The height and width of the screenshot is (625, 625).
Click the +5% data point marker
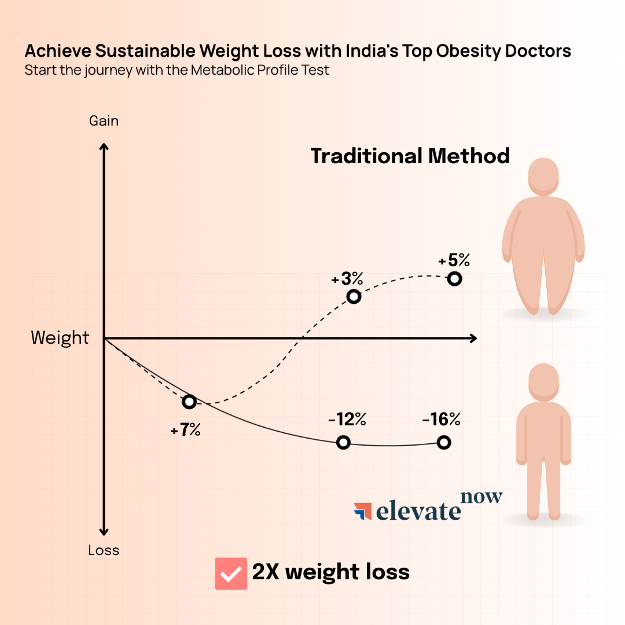(x=455, y=279)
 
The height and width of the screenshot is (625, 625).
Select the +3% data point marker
(x=354, y=297)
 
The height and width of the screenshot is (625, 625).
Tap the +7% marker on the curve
(x=189, y=402)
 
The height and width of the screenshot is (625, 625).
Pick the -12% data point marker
(x=343, y=443)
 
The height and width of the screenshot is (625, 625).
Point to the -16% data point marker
(x=444, y=443)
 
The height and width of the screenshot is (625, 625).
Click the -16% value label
(x=442, y=420)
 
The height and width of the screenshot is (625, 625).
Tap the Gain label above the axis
(x=104, y=121)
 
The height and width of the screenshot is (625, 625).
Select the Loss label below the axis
(x=104, y=550)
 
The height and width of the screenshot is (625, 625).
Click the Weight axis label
(x=60, y=338)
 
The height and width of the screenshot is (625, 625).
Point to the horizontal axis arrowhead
(x=473, y=338)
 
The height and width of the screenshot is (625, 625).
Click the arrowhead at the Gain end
(x=104, y=147)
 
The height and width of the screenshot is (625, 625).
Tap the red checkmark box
(x=231, y=573)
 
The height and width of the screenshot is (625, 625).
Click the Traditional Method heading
(x=410, y=156)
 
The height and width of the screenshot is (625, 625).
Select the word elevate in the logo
(x=418, y=511)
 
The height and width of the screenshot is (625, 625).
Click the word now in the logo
(x=481, y=497)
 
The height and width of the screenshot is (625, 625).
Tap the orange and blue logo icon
(x=363, y=511)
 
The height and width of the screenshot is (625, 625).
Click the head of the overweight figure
(x=543, y=176)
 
